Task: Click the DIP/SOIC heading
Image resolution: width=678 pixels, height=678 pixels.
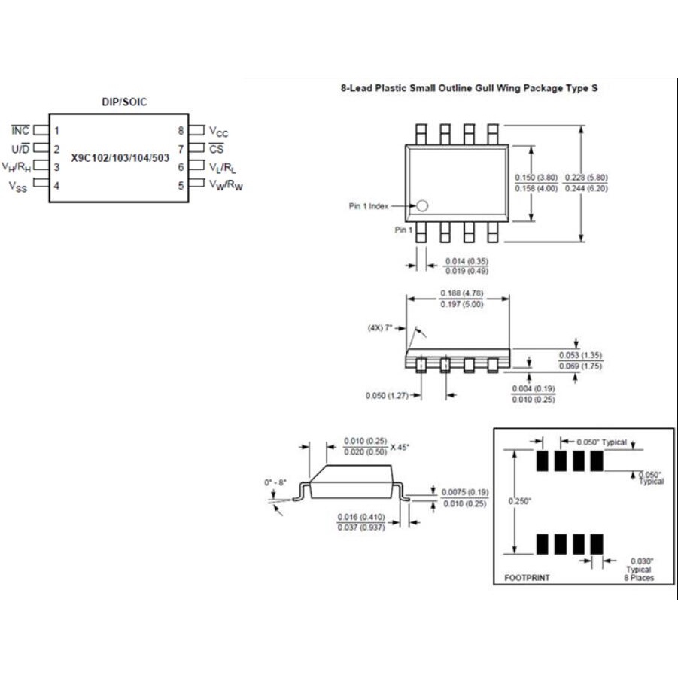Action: coord(124,102)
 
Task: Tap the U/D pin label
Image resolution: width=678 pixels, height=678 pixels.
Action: coord(22,149)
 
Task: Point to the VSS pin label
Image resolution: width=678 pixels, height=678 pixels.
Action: coord(18,185)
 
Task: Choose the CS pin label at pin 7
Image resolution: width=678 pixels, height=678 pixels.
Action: coord(217,149)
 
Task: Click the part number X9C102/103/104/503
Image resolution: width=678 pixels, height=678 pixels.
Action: coord(120,159)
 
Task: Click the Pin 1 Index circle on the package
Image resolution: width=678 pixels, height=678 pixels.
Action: coord(422,205)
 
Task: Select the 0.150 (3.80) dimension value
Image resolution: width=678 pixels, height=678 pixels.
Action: coord(536,178)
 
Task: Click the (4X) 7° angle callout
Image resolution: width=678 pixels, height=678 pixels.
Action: coord(381,328)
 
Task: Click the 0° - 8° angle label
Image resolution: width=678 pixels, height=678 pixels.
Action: coord(276,482)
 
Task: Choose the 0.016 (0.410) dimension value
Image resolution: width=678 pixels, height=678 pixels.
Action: coord(363,517)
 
